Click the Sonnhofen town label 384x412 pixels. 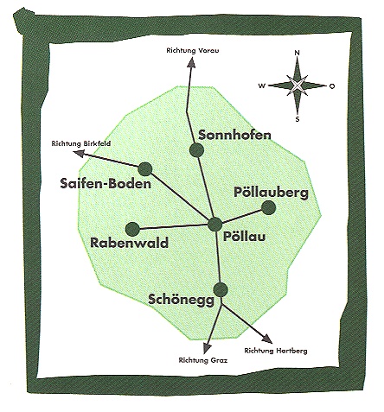point(234,135)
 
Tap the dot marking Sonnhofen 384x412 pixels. point(197,150)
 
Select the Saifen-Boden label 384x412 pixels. point(106,183)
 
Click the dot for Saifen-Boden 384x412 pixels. point(145,169)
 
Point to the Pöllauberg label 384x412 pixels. point(271,193)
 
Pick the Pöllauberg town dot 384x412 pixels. point(269,208)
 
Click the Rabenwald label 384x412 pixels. point(129,243)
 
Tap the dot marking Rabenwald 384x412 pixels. point(132,230)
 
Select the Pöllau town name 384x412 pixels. point(245,237)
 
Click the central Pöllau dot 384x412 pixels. point(215,225)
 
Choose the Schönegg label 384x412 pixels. point(182,300)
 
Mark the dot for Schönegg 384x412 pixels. point(221,290)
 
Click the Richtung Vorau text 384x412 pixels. point(193,51)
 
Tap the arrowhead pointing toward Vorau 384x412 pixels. point(191,62)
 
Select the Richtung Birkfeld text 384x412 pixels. point(81,143)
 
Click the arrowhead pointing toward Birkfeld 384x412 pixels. point(79,154)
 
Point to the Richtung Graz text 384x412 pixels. point(203,360)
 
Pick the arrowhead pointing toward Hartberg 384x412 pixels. point(267,339)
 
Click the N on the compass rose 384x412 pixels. point(298,53)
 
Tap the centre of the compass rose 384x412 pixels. point(298,86)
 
